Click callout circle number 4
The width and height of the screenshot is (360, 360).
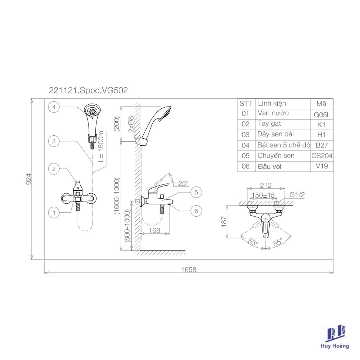(x=54, y=107)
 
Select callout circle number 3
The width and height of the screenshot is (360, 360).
(x=54, y=141)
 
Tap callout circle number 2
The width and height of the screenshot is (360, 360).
(x=54, y=169)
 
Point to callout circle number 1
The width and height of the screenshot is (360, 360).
(x=54, y=212)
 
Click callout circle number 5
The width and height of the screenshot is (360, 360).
(x=196, y=192)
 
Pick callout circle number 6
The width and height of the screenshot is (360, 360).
(x=196, y=211)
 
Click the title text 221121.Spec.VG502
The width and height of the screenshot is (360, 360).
(x=89, y=90)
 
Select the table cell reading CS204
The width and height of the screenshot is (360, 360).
(x=321, y=156)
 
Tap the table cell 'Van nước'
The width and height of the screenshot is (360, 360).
(x=273, y=113)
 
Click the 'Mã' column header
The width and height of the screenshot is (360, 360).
(x=321, y=104)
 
